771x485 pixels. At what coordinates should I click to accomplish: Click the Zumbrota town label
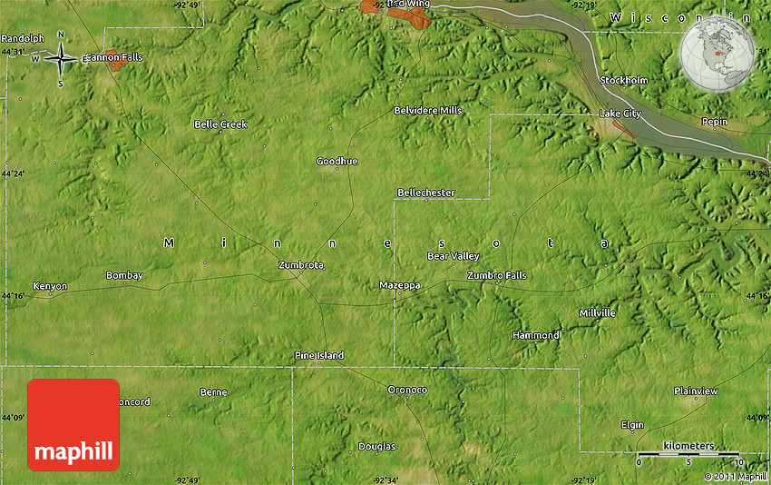click(x=300, y=264)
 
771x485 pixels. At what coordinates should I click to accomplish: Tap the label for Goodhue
click(x=337, y=161)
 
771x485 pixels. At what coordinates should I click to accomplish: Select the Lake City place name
click(x=620, y=114)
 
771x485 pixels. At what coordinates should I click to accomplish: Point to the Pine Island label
click(x=319, y=355)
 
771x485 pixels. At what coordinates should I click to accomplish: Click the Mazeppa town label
click(x=399, y=285)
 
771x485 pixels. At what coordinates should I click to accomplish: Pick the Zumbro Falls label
click(x=496, y=275)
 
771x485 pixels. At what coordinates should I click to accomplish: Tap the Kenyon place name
click(x=50, y=286)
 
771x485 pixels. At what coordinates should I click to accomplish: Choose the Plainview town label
click(x=696, y=391)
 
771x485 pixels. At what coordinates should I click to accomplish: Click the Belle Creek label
click(x=220, y=124)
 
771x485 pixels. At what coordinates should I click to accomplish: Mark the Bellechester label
click(x=425, y=193)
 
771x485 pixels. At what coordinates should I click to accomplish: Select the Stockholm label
click(x=624, y=80)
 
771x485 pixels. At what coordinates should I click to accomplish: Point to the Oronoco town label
click(x=407, y=390)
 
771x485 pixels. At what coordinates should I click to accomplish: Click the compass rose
click(x=61, y=59)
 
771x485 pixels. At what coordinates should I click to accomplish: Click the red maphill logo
click(x=73, y=424)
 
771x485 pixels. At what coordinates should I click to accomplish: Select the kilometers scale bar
click(x=688, y=453)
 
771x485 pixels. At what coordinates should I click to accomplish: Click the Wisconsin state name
click(x=679, y=18)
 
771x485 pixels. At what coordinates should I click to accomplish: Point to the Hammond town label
click(x=536, y=335)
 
